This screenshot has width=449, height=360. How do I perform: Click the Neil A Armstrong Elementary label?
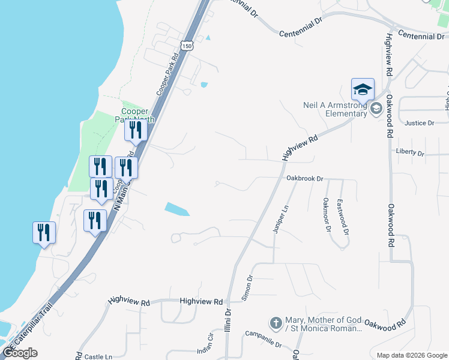click(335, 109)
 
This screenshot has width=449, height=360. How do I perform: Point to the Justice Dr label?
click(420, 123)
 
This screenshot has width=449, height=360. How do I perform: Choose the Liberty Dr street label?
click(410, 152)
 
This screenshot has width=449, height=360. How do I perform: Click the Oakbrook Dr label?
click(304, 179)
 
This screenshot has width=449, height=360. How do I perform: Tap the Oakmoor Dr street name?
click(327, 214)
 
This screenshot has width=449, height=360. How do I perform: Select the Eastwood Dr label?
click(343, 217)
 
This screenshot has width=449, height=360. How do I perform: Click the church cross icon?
click(276, 323)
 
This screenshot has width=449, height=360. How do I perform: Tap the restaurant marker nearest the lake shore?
click(44, 232)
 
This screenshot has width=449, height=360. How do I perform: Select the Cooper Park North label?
click(138, 115)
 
